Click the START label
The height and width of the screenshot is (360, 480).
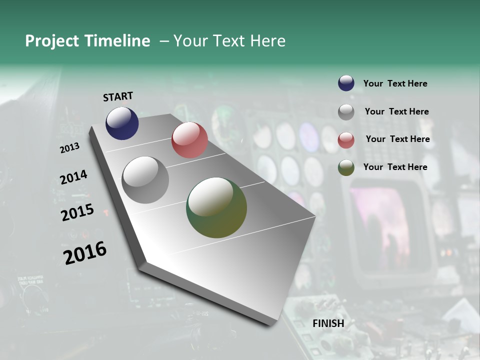click(118, 96)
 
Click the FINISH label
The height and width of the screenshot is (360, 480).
click(328, 323)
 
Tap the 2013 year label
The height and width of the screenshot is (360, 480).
click(70, 147)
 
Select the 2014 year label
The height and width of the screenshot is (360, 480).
click(73, 177)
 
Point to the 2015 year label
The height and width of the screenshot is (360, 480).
click(77, 212)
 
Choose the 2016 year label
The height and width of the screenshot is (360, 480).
click(85, 253)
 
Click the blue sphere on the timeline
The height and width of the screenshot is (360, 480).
click(122, 123)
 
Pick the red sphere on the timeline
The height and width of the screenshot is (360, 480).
click(189, 140)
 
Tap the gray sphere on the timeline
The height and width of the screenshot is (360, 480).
click(145, 180)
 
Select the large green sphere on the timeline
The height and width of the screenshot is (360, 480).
click(216, 207)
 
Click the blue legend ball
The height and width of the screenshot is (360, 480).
click(346, 83)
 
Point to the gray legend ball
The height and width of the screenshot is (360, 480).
click(346, 112)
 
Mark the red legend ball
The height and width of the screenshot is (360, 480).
click(346, 140)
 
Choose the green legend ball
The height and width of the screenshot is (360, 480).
click(346, 167)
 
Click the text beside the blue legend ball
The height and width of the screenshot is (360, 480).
click(395, 83)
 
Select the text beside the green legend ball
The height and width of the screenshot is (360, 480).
click(395, 167)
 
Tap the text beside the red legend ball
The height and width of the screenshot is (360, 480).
click(397, 139)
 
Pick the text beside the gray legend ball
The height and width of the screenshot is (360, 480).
click(396, 111)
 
